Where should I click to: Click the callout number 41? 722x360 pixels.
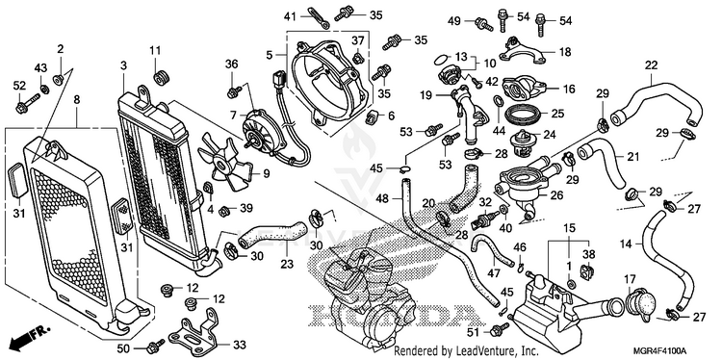click(290, 16)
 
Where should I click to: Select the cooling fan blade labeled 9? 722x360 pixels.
click(224, 162)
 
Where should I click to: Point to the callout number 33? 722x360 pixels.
click(240, 345)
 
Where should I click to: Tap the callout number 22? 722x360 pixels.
click(652, 65)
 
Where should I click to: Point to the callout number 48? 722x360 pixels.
click(382, 199)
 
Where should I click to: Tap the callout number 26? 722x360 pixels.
click(556, 195)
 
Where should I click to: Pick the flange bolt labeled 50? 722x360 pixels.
click(155, 345)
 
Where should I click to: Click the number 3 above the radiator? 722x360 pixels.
click(123, 65)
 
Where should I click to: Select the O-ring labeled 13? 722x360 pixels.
click(441, 59)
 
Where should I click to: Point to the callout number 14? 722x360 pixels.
click(627, 244)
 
